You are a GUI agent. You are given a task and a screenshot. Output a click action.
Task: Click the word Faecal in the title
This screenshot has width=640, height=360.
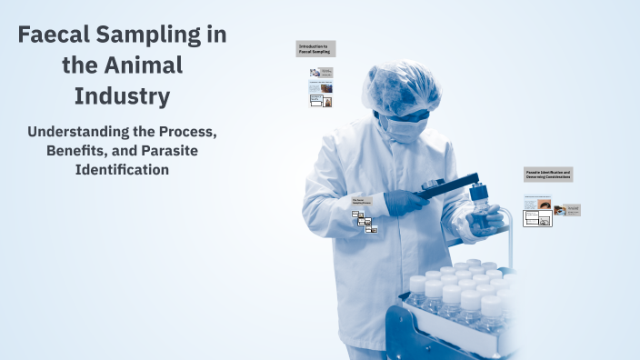tap(57, 35)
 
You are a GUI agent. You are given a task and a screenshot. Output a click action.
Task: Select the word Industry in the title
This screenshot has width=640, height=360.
tap(122, 95)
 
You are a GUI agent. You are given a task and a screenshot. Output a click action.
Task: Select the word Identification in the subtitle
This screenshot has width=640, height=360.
tap(122, 169)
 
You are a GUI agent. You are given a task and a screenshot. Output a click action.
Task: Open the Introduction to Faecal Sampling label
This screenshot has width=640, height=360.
tap(315, 48)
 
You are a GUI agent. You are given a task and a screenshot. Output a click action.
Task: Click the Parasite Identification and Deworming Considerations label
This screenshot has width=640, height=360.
tap(547, 174)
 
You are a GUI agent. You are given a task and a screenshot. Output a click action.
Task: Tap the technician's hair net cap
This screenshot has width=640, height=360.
tap(400, 85)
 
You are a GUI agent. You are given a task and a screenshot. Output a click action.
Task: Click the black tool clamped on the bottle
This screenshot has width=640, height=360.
tap(445, 188)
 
